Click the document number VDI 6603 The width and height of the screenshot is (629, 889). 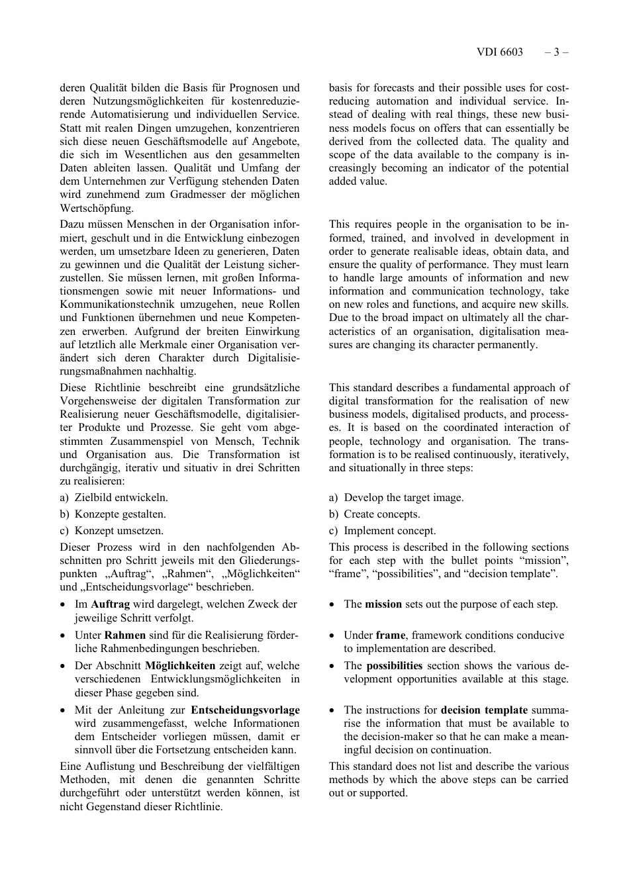click(499, 52)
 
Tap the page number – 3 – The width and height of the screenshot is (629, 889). click(556, 52)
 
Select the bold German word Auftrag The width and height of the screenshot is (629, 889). click(110, 604)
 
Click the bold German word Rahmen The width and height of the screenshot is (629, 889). click(125, 635)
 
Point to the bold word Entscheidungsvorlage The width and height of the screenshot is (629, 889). click(245, 710)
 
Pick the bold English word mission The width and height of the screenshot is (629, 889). click(383, 604)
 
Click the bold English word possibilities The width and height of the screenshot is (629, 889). click(394, 666)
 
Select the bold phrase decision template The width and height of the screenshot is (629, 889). click(484, 710)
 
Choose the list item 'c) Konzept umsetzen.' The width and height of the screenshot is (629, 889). click(112, 531)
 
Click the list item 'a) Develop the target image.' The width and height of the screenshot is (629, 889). click(397, 498)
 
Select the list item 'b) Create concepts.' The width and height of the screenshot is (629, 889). click(375, 514)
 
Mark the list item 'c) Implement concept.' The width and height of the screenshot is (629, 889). click(383, 531)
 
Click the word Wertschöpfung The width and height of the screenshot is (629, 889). click(97, 209)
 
